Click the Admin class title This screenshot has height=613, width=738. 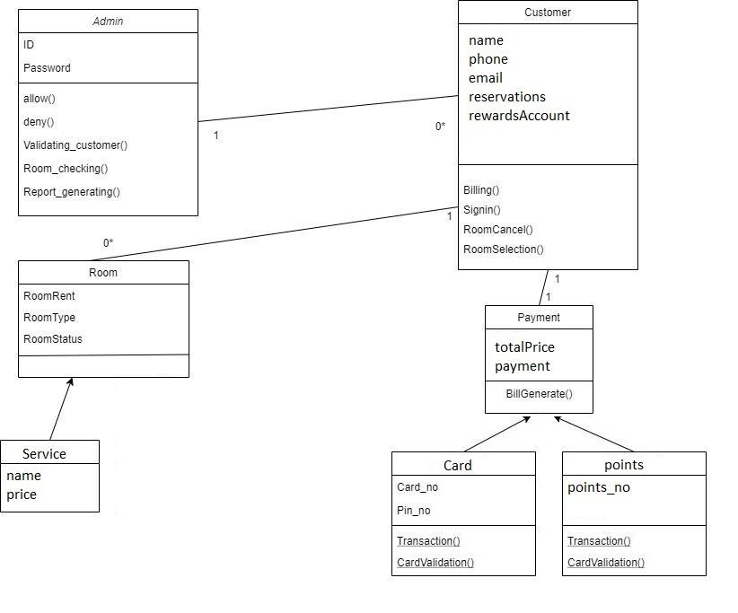point(108,21)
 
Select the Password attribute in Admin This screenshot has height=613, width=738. point(47,68)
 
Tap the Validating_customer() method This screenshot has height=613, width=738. point(75,145)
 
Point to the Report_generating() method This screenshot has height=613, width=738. point(71,192)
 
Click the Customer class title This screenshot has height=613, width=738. point(547,13)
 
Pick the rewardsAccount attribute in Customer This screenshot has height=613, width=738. point(519,116)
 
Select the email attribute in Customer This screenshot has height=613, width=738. point(486,78)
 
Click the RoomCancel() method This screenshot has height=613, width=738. point(497,230)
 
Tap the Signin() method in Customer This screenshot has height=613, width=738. point(482,210)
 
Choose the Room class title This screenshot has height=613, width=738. point(103,273)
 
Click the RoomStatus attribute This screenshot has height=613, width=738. point(53,339)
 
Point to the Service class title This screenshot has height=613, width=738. point(44,454)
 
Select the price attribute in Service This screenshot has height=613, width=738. point(22,495)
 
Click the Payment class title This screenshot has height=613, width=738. point(539,318)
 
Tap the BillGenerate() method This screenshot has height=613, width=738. point(539,394)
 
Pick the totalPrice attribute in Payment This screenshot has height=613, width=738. point(524,347)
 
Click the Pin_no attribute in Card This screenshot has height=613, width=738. point(414,511)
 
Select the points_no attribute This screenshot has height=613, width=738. point(599,487)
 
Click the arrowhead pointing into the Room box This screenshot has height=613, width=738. point(70,382)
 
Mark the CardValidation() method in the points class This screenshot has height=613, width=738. point(606,563)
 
